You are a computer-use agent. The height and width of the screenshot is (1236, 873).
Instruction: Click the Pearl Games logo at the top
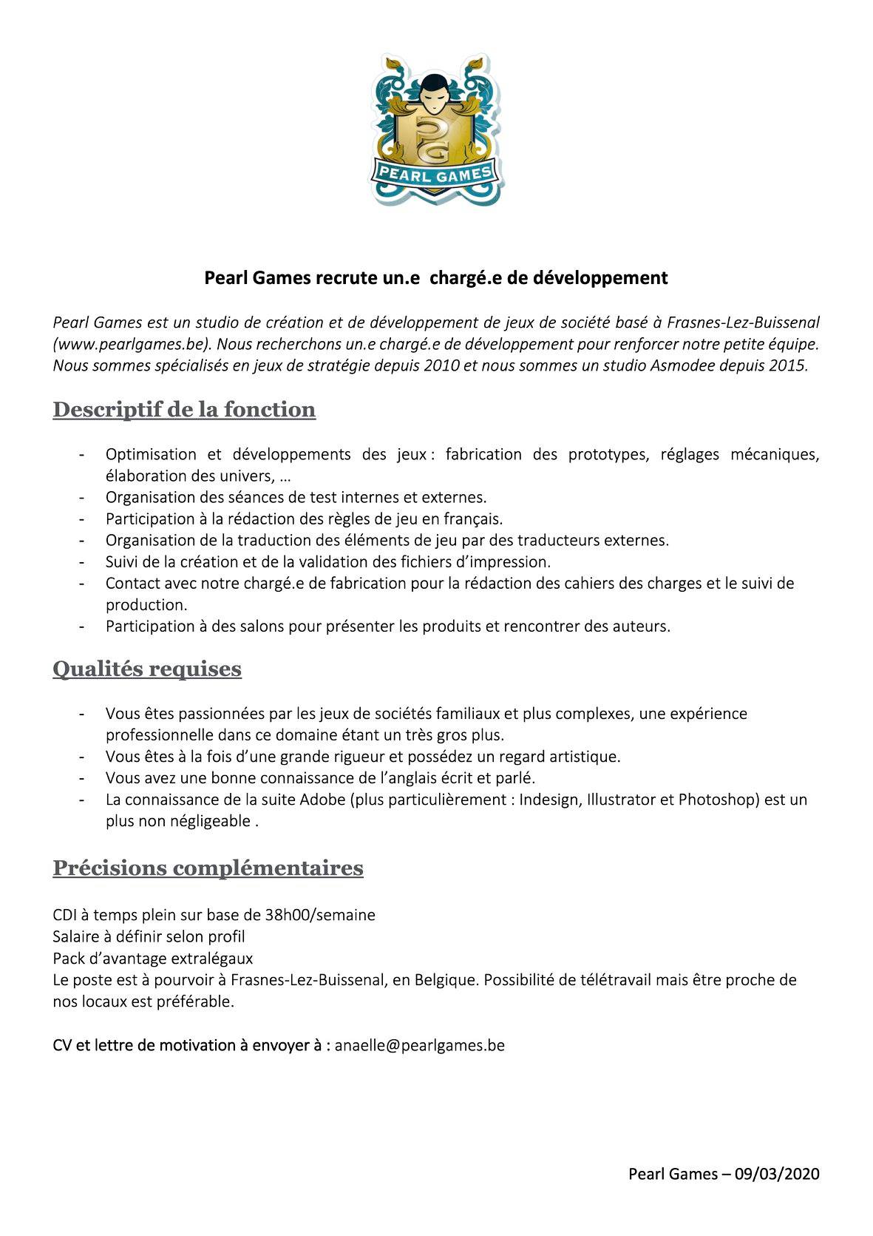pyautogui.click(x=436, y=129)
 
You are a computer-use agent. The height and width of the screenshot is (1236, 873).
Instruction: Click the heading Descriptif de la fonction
pyautogui.click(x=184, y=409)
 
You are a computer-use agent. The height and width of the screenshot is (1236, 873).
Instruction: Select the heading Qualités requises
pyautogui.click(x=147, y=669)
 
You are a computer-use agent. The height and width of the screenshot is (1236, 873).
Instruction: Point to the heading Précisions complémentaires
pyautogui.click(x=208, y=867)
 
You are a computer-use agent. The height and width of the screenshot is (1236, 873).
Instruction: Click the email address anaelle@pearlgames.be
pyautogui.click(x=419, y=1045)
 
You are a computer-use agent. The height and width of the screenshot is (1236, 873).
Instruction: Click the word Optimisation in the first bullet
pyautogui.click(x=151, y=454)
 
